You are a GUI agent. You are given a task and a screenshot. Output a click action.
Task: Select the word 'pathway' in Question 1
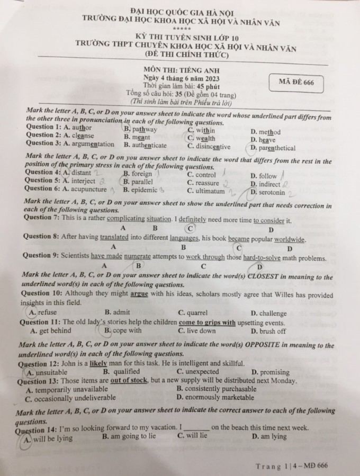click(x=144, y=129)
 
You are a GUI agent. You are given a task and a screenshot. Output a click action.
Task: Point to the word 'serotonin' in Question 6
click(x=272, y=193)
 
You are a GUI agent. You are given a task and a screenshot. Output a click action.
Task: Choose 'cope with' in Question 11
click(x=127, y=330)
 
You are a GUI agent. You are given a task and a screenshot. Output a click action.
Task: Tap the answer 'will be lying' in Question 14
click(x=53, y=438)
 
